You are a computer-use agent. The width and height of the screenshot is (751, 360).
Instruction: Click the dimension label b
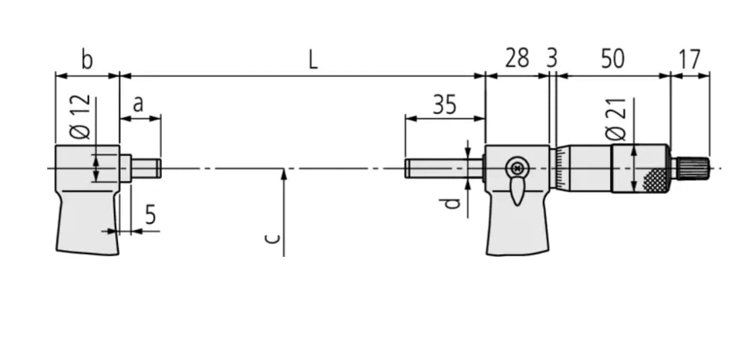coord(87,59)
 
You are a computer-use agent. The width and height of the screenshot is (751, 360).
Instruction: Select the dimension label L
coord(313,60)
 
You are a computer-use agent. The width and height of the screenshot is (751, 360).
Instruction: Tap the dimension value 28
coord(518,59)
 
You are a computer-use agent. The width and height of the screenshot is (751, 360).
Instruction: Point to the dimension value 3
coord(552,59)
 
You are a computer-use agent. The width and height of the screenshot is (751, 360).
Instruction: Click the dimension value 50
coord(612,59)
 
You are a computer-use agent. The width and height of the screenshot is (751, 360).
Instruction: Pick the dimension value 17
coord(689,59)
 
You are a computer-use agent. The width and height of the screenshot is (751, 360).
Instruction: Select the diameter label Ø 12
coord(80,117)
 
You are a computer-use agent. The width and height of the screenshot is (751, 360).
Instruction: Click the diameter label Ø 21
coord(617,119)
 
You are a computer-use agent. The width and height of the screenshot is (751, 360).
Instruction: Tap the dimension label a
coord(138,104)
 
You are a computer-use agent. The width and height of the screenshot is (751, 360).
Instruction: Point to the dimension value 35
coord(444,104)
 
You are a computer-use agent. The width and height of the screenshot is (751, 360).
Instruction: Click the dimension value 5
coord(150,216)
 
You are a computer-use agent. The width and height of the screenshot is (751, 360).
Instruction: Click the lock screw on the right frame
coord(517,167)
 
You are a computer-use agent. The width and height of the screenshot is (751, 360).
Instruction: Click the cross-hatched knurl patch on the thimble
coord(655,179)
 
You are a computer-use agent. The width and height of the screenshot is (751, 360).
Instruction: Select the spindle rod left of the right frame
coord(442,168)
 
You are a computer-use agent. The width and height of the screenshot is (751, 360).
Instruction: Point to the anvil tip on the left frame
coord(146,168)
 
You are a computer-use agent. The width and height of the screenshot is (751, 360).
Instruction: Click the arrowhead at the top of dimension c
coord(284,174)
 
